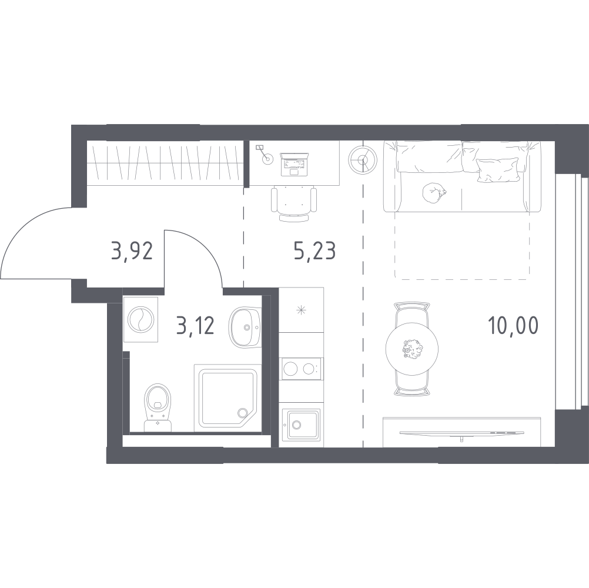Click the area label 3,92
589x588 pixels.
pyautogui.click(x=132, y=251)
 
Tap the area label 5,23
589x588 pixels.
pyautogui.click(x=315, y=250)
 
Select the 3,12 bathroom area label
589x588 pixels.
pyautogui.click(x=195, y=325)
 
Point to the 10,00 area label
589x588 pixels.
pyautogui.click(x=513, y=325)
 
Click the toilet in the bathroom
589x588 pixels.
pyautogui.click(x=158, y=407)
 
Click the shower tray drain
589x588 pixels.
pyautogui.click(x=242, y=413)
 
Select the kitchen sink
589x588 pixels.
pyautogui.click(x=302, y=425)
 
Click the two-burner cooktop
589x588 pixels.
pyautogui.click(x=300, y=369)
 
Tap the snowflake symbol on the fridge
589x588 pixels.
pyautogui.click(x=301, y=310)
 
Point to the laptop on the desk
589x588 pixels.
pyautogui.click(x=294, y=164)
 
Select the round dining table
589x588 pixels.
pyautogui.click(x=413, y=349)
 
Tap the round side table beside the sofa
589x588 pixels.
pyautogui.click(x=363, y=160)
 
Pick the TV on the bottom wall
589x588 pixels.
pyautogui.click(x=461, y=433)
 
